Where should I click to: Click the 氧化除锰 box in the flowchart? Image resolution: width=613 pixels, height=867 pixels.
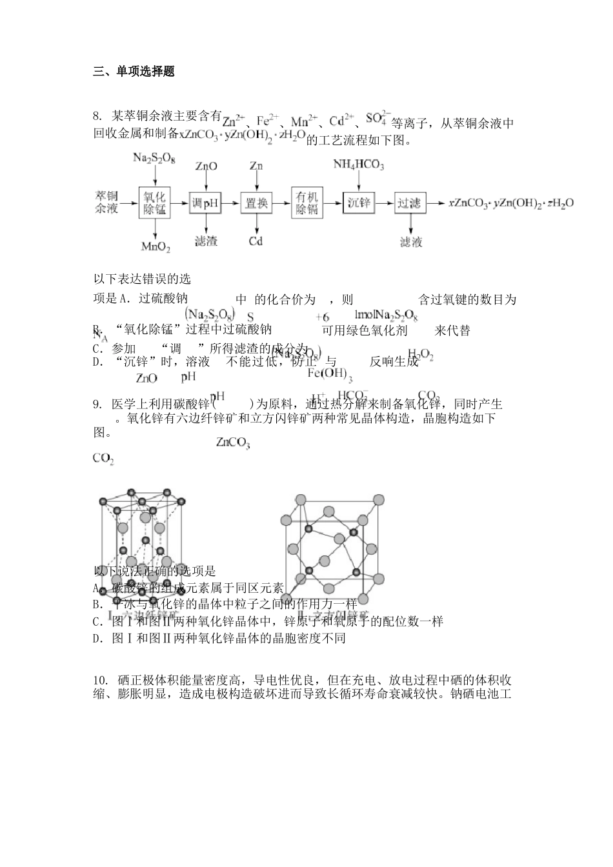pyautogui.click(x=155, y=203)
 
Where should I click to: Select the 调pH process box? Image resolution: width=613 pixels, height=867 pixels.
pyautogui.click(x=205, y=204)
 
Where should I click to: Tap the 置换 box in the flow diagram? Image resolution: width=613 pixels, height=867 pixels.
pyautogui.click(x=256, y=203)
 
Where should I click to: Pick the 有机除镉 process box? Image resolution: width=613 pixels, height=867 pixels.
pyautogui.click(x=307, y=203)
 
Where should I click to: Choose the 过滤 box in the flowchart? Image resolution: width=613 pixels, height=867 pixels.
pyautogui.click(x=409, y=203)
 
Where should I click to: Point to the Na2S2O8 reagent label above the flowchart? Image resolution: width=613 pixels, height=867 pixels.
pyautogui.click(x=154, y=158)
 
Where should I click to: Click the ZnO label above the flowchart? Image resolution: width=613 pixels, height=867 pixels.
pyautogui.click(x=206, y=166)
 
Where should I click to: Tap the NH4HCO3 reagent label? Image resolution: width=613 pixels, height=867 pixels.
pyautogui.click(x=359, y=166)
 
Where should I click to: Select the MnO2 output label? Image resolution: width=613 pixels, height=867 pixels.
pyautogui.click(x=156, y=246)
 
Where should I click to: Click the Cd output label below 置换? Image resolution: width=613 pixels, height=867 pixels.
pyautogui.click(x=256, y=241)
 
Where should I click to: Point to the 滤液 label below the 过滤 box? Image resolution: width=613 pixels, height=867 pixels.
pyautogui.click(x=410, y=242)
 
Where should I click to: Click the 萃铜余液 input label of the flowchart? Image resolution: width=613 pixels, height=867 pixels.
pyautogui.click(x=107, y=202)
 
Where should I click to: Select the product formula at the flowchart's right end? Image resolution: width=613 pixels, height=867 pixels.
pyautogui.click(x=511, y=204)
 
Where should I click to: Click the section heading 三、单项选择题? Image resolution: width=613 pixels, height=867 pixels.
pyautogui.click(x=134, y=72)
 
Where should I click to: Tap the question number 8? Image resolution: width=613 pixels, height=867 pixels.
pyautogui.click(x=97, y=116)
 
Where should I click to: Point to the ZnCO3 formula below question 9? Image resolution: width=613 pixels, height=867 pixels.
pyautogui.click(x=233, y=443)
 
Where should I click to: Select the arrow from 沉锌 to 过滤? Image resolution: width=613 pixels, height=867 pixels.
pyautogui.click(x=385, y=203)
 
